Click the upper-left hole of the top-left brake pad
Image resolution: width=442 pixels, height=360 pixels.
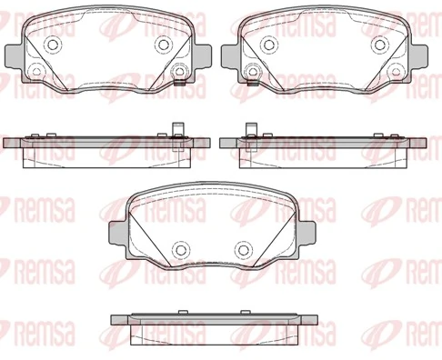tap(52, 45)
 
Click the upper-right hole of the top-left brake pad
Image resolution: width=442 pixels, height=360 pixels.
tap(164, 45)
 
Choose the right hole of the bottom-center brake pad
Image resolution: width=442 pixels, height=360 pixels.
tap(244, 248)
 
